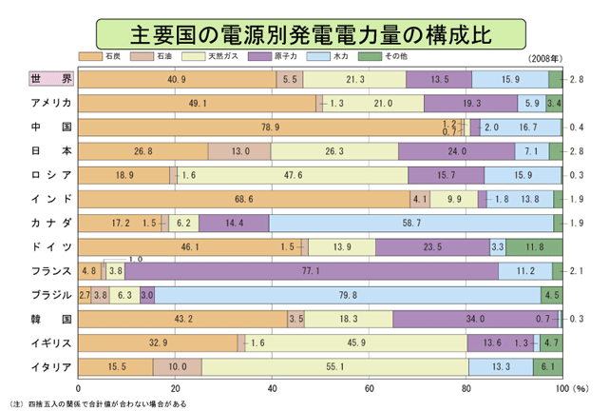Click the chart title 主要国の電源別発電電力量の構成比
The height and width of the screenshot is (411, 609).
[x=304, y=34]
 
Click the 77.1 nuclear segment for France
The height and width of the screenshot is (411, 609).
[x=312, y=271]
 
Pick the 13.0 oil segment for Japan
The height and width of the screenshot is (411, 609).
[x=239, y=150]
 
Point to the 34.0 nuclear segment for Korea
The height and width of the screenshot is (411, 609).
[x=475, y=319]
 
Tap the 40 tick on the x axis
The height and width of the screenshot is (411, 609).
[x=273, y=388]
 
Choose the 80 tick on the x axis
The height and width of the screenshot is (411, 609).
[x=466, y=388]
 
